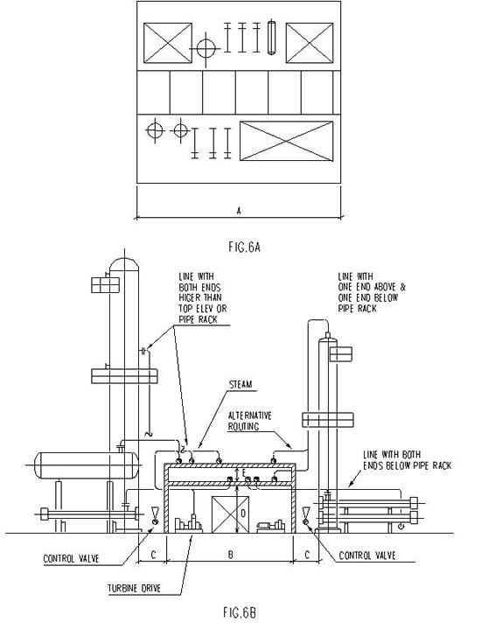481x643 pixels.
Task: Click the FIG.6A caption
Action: (240, 247)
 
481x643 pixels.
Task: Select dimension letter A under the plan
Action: (239, 209)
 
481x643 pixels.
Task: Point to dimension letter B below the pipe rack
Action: (230, 554)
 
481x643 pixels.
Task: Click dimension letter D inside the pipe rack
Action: (243, 513)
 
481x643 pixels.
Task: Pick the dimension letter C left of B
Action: (153, 554)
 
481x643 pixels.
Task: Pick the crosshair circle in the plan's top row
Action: (206, 47)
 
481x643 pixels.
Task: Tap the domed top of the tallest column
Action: (123, 264)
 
